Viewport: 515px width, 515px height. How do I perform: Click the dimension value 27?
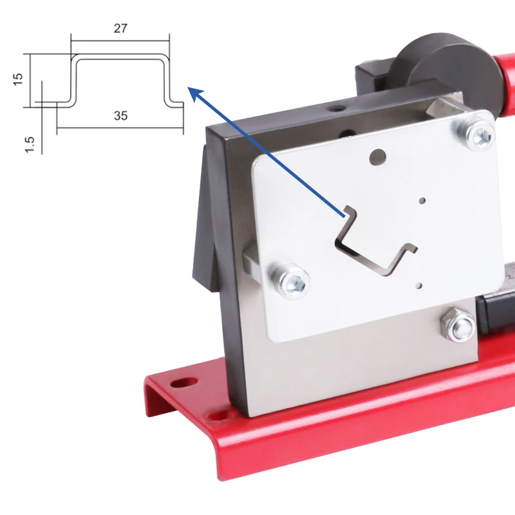(x=120, y=28)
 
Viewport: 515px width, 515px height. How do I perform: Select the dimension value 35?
(x=120, y=116)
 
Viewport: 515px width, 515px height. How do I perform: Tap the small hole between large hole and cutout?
(x=422, y=200)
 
